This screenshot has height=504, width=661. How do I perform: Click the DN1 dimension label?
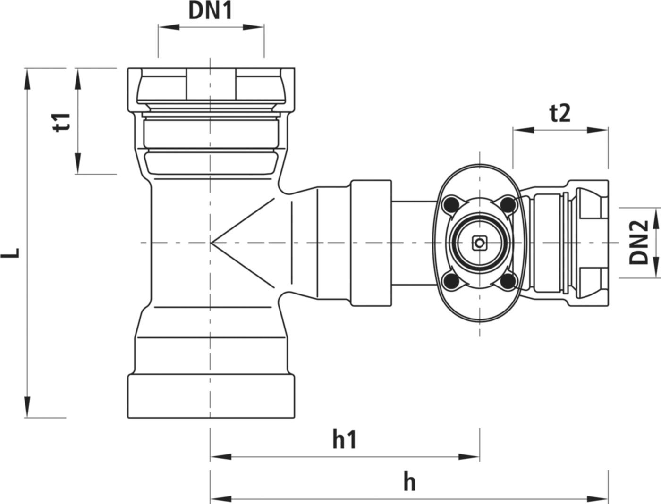click(211, 11)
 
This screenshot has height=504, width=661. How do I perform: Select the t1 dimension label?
click(62, 122)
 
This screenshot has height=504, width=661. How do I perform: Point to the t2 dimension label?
click(560, 114)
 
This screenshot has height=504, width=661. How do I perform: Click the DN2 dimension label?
click(638, 242)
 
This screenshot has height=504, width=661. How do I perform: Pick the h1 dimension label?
click(345, 440)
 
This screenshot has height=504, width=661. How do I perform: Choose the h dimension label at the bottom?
click(409, 482)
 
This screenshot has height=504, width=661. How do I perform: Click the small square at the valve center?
click(479, 243)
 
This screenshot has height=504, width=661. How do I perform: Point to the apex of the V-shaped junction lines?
click(211, 243)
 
